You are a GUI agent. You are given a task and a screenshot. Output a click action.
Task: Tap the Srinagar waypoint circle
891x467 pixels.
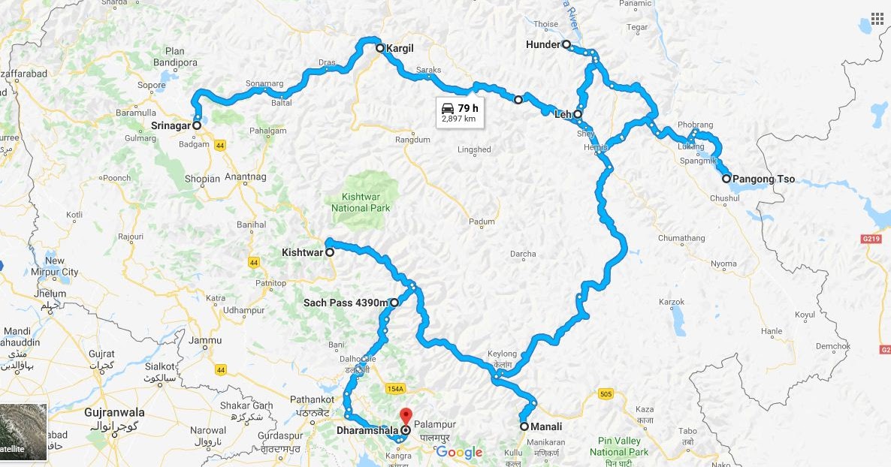196,126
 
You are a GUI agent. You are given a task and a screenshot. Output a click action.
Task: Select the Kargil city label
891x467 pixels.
400,49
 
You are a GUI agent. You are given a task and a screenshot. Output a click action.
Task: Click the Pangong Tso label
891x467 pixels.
763,179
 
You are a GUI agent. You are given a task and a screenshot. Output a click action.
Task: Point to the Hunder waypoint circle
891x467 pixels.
566,44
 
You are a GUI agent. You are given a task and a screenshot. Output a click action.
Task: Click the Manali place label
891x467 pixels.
547,427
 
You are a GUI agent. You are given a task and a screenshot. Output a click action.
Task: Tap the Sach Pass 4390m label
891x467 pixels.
346,303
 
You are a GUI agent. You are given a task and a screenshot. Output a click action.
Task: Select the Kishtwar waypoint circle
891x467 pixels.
329,253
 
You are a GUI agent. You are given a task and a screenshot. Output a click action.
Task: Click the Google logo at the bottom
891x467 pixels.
458,452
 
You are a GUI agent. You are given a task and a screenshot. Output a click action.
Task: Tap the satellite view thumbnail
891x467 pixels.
23,432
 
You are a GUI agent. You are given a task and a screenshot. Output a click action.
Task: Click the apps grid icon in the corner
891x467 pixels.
877,19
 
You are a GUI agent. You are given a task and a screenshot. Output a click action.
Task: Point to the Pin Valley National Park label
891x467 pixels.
619,447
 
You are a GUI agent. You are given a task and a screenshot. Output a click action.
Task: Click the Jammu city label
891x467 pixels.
205,341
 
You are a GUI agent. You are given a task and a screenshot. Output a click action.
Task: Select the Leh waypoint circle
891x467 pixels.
578,115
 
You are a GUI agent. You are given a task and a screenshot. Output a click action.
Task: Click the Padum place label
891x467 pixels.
482,222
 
